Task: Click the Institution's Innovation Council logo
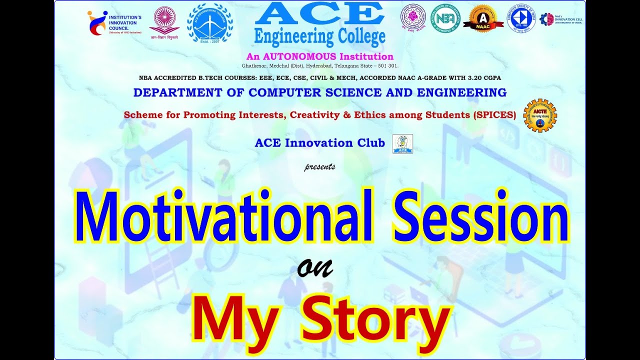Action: tap(114, 22)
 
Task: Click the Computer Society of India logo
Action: tap(521, 18)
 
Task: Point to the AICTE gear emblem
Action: tap(540, 115)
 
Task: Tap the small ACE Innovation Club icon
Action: tap(402, 144)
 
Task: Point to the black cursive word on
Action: tap(315, 269)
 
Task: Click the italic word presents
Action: tap(320, 167)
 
